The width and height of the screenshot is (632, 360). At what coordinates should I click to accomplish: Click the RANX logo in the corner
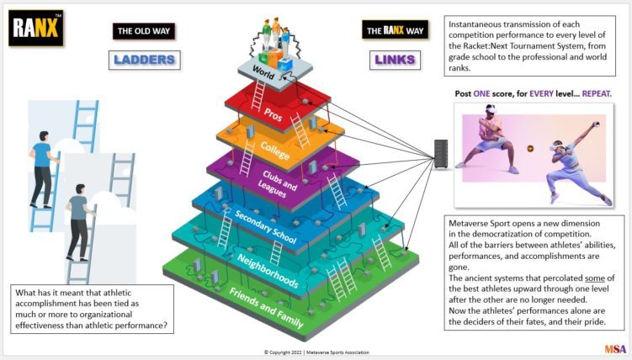coord(36,28)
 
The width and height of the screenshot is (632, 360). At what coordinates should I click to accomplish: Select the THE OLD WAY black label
coord(144,31)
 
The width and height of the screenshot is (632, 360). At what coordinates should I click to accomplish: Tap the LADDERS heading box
coord(144,60)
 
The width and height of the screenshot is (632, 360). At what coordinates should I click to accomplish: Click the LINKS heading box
coord(395,60)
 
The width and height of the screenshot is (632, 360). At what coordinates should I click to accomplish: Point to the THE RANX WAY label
coord(395,29)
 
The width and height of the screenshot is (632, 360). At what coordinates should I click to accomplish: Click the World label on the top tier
coord(263,72)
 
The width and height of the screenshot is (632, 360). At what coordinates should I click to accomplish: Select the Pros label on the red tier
coord(273,114)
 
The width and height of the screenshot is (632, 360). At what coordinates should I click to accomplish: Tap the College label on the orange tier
coord(275,151)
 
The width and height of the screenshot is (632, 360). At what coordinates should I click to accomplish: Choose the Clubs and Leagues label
coord(277,183)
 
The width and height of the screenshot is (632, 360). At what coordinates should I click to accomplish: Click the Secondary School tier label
coord(266,227)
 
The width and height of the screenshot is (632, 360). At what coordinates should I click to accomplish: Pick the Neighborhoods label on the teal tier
coord(268,271)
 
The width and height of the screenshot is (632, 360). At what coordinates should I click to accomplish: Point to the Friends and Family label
coord(267,307)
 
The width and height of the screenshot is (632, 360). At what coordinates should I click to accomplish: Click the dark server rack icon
coord(441,154)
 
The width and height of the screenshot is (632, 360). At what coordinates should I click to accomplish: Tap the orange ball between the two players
coord(530,149)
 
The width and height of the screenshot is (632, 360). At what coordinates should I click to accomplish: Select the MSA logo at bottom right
coord(615,349)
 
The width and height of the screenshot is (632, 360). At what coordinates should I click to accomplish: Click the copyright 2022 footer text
coord(316,352)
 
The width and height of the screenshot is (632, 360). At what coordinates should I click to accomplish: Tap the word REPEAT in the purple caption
coord(597,94)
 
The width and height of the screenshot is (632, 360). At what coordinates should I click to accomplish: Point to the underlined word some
coord(595,278)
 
